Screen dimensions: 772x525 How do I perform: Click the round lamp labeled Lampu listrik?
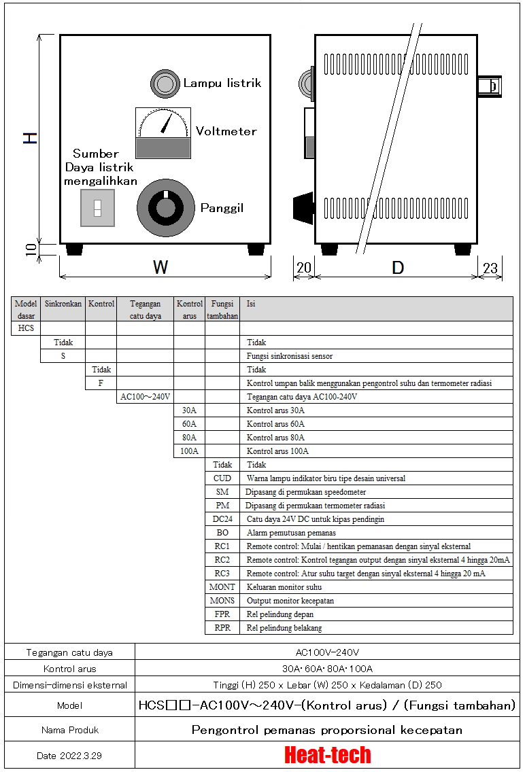pyautogui.click(x=164, y=84)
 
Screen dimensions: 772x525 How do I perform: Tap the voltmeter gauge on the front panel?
pyautogui.click(x=163, y=132)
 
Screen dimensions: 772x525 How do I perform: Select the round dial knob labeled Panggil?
pyautogui.click(x=165, y=208)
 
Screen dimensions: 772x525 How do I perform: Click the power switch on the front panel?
pyautogui.click(x=97, y=208)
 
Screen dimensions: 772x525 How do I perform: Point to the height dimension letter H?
pyautogui.click(x=30, y=138)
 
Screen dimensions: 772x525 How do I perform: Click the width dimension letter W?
pyautogui.click(x=160, y=268)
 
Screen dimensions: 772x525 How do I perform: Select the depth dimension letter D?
pyautogui.click(x=398, y=268)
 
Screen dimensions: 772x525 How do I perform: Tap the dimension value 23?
pyautogui.click(x=490, y=268)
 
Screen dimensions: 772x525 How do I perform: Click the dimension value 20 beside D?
pyautogui.click(x=304, y=268)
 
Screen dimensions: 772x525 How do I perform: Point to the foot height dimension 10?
pyautogui.click(x=30, y=249)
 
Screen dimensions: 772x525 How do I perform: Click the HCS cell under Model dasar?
pyautogui.click(x=26, y=329)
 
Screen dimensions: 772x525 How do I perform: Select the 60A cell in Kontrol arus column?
pyautogui.click(x=189, y=424)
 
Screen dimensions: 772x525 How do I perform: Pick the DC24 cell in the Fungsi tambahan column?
pyautogui.click(x=222, y=519)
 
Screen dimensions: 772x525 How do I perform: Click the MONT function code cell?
pyautogui.click(x=222, y=587)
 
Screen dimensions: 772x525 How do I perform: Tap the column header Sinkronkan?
pyautogui.click(x=63, y=304)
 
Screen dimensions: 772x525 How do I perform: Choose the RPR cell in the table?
pyautogui.click(x=222, y=628)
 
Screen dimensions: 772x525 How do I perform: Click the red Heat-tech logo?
pyautogui.click(x=328, y=755)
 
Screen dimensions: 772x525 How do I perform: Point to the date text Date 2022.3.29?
pyautogui.click(x=69, y=756)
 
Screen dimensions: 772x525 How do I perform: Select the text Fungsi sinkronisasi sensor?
pyautogui.click(x=290, y=356)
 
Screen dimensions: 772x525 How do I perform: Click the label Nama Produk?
pyautogui.click(x=69, y=730)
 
